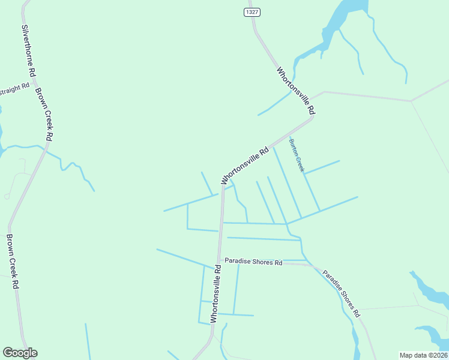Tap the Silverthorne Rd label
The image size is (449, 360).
(29, 50)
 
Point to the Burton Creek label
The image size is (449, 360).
(297, 155)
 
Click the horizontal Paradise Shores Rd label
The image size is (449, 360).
(253, 263)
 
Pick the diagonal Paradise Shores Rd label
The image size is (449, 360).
(340, 293)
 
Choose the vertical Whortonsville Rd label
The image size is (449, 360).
(216, 292)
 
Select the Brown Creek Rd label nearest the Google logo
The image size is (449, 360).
(11, 261)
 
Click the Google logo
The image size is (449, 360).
(20, 353)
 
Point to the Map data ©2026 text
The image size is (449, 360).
(423, 355)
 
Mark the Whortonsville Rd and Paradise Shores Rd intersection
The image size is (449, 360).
(220, 260)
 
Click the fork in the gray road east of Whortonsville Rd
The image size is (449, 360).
(411, 101)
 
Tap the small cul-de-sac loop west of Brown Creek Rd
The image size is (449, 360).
(7, 196)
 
